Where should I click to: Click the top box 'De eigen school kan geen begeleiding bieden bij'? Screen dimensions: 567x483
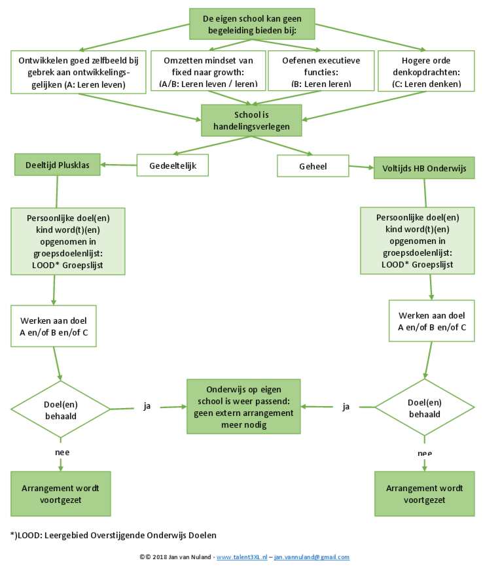pyautogui.click(x=252, y=24)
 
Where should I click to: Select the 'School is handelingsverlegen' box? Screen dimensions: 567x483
pyautogui.click(x=251, y=120)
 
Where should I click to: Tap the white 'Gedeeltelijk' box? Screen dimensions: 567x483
pyautogui.click(x=171, y=165)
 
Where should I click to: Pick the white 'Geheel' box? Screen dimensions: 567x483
pyautogui.click(x=313, y=166)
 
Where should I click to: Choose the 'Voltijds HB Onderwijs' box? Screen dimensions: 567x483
pyautogui.click(x=424, y=167)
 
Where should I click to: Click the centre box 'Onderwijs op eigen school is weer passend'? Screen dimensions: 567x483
pyautogui.click(x=243, y=406)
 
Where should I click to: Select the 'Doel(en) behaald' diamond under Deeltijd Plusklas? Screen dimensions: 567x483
pyautogui.click(x=61, y=409)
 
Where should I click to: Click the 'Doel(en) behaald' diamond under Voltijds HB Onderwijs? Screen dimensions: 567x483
pyautogui.click(x=424, y=409)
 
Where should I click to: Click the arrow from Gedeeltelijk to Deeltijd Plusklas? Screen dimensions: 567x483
pyautogui.click(x=118, y=165)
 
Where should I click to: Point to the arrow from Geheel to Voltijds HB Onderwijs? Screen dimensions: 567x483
pyautogui.click(x=360, y=167)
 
